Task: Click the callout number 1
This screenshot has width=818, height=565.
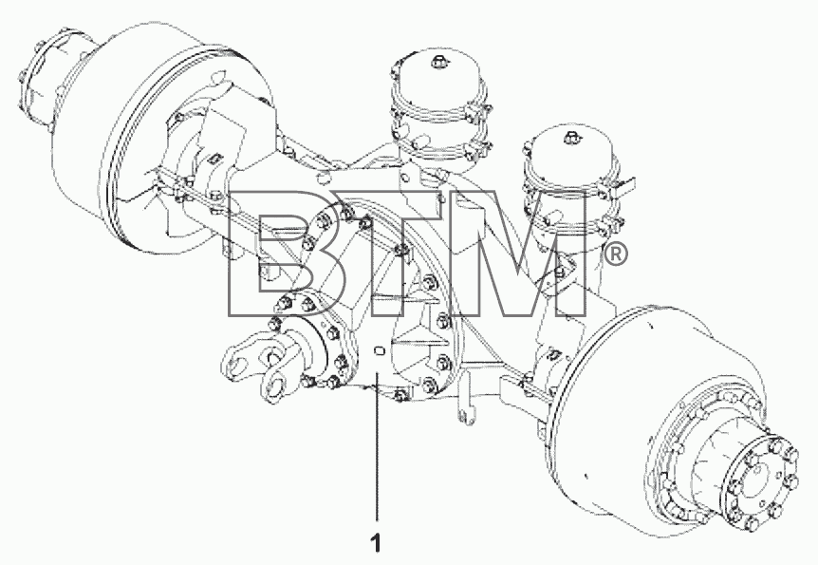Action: pos(376,543)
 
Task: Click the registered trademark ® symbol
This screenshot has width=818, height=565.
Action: pos(616,254)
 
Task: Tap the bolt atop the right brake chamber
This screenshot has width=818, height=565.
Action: pos(570,138)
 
